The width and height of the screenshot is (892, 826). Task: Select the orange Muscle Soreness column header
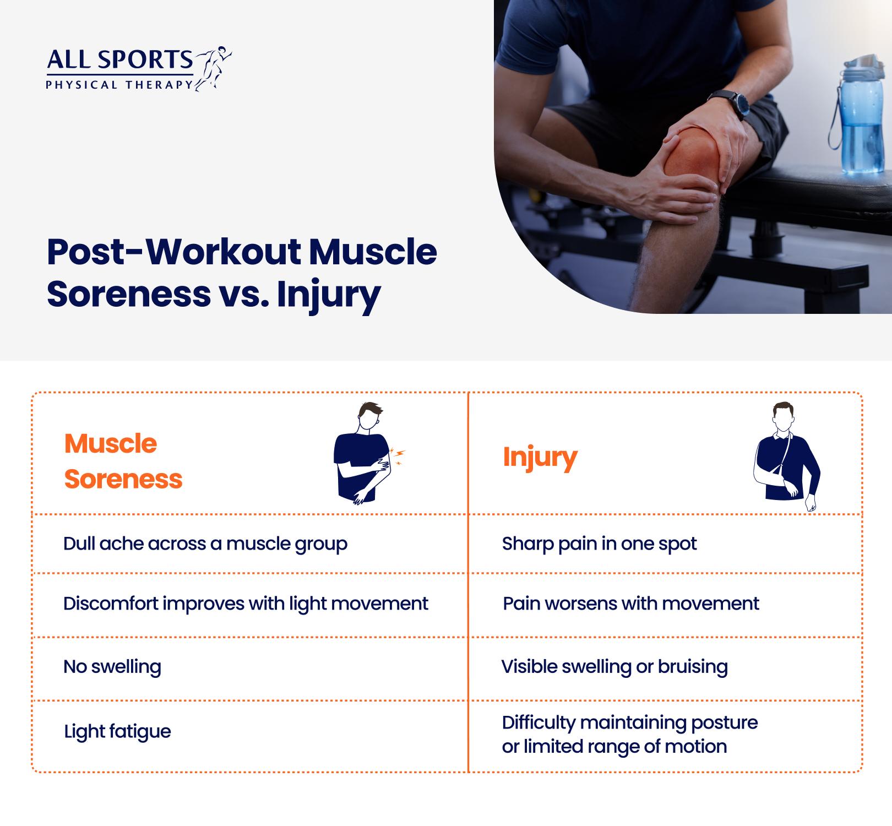pos(123,461)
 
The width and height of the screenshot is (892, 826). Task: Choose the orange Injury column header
pos(540,458)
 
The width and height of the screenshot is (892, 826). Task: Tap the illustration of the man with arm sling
pos(786,457)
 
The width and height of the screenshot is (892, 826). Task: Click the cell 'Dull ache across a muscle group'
pos(205,544)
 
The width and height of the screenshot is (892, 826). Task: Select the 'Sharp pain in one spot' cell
pos(599,544)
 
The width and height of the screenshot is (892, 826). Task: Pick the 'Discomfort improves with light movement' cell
pos(246,604)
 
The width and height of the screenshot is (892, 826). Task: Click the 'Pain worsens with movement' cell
pos(631,604)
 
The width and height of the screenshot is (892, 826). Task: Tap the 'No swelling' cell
pos(112,666)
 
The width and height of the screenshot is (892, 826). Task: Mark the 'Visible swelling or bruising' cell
pos(614,667)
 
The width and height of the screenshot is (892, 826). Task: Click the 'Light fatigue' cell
pos(117,731)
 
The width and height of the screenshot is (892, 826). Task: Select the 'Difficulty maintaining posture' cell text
pos(630,722)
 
